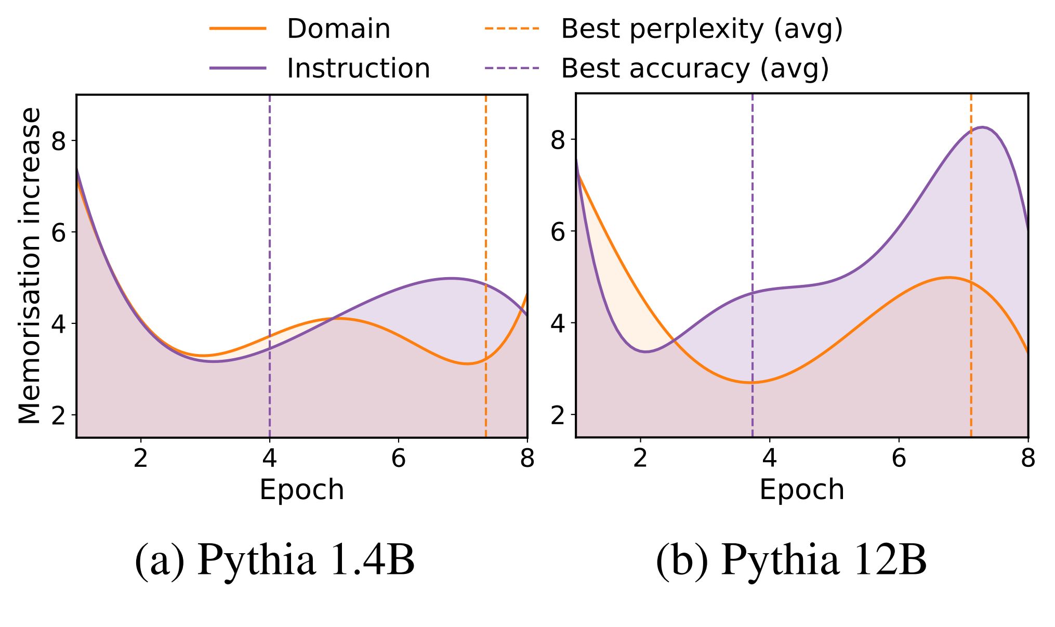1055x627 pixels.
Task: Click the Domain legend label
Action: point(338,29)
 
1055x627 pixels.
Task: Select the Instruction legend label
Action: point(358,68)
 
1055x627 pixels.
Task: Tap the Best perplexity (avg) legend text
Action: point(702,29)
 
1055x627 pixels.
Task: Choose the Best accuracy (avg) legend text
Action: point(695,68)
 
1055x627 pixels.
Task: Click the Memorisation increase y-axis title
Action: point(29,266)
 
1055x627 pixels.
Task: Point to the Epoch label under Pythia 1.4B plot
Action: point(301,490)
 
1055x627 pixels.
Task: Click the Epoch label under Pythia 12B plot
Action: point(801,490)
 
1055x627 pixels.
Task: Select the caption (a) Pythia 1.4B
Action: point(274,560)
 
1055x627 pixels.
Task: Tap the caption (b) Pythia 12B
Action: point(791,560)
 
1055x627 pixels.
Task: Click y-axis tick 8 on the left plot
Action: point(59,141)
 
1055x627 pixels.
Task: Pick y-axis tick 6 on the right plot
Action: point(558,231)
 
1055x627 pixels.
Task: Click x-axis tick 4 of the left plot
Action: point(269,459)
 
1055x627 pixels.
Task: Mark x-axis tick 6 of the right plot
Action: point(899,459)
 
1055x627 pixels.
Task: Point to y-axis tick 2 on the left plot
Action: point(59,415)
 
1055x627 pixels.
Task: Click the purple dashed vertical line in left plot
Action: point(270,208)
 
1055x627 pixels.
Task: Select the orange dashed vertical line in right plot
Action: point(971,208)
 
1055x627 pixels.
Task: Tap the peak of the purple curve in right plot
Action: point(983,127)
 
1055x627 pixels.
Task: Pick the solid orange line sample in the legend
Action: point(238,29)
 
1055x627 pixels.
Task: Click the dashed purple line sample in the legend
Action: point(512,68)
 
